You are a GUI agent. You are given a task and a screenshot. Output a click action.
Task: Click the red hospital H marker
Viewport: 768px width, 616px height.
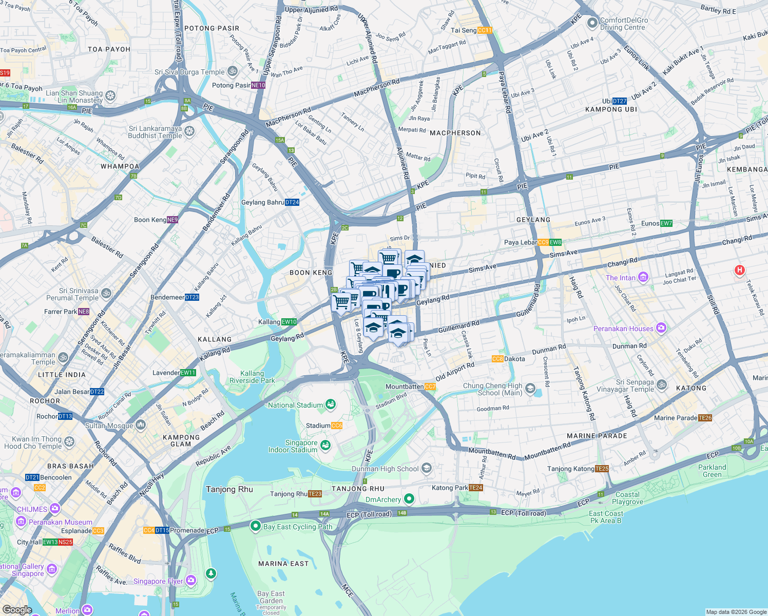(x=739, y=270)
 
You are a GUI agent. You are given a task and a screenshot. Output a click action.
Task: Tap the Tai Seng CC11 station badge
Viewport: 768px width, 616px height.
(x=485, y=30)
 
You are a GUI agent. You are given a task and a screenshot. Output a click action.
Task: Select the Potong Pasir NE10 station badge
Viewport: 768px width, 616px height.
(x=258, y=85)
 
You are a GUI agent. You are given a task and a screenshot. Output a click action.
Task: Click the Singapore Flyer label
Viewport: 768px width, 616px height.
(x=158, y=581)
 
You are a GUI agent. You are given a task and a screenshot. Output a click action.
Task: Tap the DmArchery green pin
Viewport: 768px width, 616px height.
(x=409, y=499)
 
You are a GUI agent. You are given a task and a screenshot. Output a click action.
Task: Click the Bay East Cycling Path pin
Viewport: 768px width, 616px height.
(x=256, y=526)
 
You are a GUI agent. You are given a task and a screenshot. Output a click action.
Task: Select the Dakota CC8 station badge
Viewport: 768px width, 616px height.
(x=497, y=359)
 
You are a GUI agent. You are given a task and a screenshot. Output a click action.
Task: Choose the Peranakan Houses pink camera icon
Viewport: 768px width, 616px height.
(x=661, y=328)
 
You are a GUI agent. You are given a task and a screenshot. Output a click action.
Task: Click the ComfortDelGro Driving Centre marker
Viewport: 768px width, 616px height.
(x=592, y=23)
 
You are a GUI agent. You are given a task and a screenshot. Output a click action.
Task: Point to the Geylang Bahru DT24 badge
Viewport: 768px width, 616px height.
(x=292, y=202)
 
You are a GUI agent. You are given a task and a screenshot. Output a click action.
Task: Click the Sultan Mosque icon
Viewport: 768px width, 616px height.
(x=141, y=426)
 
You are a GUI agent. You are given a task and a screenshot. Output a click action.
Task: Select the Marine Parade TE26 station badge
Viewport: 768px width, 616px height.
(x=705, y=418)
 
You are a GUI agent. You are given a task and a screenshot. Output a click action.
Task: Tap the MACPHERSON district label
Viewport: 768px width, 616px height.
(x=455, y=133)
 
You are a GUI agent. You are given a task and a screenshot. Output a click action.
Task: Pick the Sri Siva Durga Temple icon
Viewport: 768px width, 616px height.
(x=233, y=71)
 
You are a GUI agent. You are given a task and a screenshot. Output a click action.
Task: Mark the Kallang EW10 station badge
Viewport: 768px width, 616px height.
(x=289, y=322)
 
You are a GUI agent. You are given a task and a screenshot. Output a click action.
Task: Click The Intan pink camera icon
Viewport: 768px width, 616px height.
(x=643, y=278)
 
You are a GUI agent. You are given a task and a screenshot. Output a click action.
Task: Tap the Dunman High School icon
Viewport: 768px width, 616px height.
(x=427, y=469)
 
